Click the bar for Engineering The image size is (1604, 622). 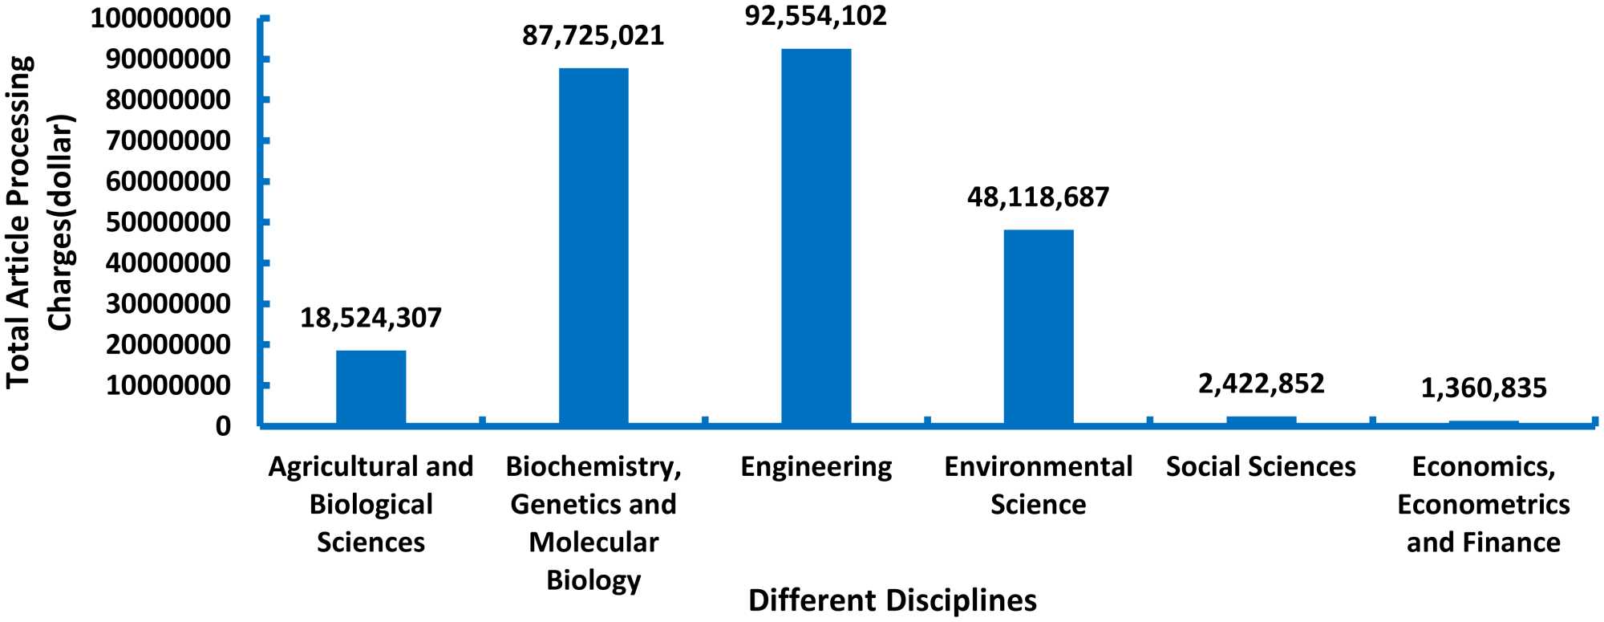pyautogui.click(x=816, y=237)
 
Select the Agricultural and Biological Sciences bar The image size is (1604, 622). pyautogui.click(x=371, y=387)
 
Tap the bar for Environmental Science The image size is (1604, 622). pyautogui.click(x=1038, y=327)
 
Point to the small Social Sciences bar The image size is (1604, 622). pyautogui.click(x=1261, y=420)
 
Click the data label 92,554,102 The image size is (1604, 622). pyautogui.click(x=816, y=16)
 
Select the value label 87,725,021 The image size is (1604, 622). pyautogui.click(x=593, y=36)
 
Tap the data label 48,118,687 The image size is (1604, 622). pyautogui.click(x=1038, y=197)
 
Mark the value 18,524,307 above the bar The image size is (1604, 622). pyautogui.click(x=371, y=318)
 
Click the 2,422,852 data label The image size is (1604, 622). pyautogui.click(x=1261, y=384)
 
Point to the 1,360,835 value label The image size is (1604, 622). pyautogui.click(x=1483, y=388)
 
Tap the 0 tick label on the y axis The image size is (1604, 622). pyautogui.click(x=223, y=426)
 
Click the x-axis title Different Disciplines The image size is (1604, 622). pyautogui.click(x=892, y=600)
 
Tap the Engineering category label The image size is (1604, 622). pyautogui.click(x=816, y=467)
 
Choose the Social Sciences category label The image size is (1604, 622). pyautogui.click(x=1261, y=467)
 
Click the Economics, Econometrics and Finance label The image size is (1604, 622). pyautogui.click(x=1483, y=504)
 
